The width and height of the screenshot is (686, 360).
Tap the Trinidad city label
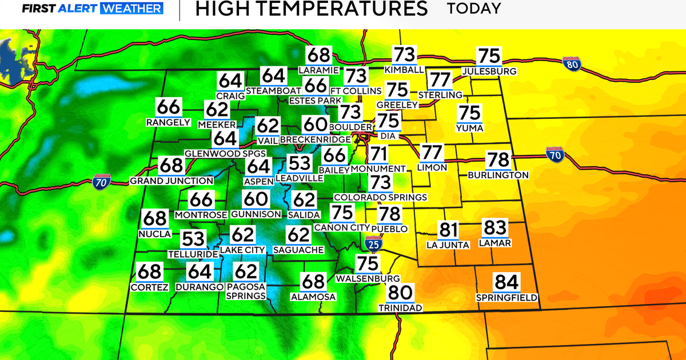pyautogui.click(x=400, y=308)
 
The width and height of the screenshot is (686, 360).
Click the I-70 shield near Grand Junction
pyautogui.click(x=100, y=183)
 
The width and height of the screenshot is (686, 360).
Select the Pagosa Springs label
pyautogui.click(x=246, y=291)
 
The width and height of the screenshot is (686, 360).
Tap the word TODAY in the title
pyautogui.click(x=474, y=9)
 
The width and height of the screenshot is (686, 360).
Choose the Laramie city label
pyautogui.click(x=319, y=70)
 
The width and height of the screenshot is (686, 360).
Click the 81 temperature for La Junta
pyautogui.click(x=448, y=231)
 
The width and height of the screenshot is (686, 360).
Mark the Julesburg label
pyautogui.click(x=489, y=71)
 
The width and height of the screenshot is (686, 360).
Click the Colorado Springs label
pyautogui.click(x=380, y=197)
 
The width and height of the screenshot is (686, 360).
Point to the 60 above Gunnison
pyautogui.click(x=256, y=200)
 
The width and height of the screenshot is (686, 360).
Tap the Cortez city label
pyautogui.click(x=149, y=287)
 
